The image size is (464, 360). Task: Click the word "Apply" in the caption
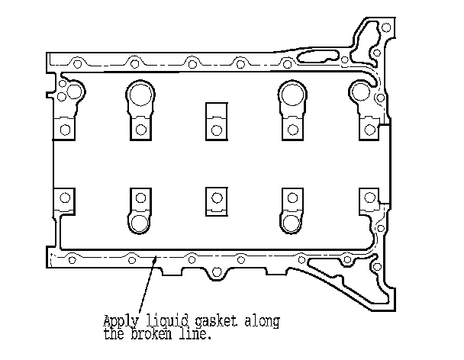coord(119,320)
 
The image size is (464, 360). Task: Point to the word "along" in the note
coord(262,320)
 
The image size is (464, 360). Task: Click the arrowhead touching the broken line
coord(156,262)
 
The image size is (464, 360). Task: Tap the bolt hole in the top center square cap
coord(216,130)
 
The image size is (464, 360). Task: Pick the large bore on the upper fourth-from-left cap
coord(291,94)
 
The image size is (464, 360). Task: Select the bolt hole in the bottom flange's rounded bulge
coord(216,272)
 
